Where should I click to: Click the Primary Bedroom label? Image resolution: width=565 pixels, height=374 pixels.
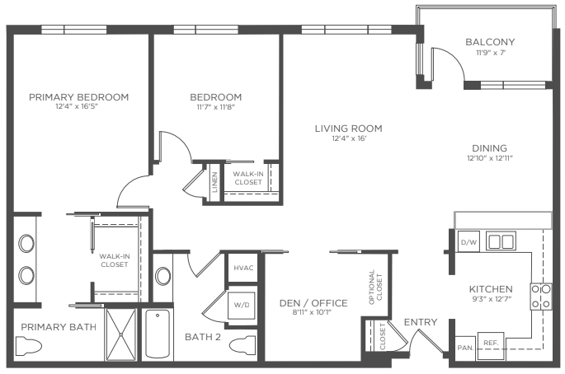click(79, 97)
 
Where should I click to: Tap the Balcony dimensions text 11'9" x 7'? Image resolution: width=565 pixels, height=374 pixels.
click(491, 53)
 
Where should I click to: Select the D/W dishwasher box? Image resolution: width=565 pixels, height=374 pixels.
click(468, 241)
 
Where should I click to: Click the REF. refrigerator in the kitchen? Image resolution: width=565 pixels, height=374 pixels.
click(491, 345)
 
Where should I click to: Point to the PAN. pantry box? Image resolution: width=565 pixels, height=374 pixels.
click(465, 348)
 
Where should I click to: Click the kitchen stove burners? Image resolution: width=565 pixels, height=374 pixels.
click(541, 297)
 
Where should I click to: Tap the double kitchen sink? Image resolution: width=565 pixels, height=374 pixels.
click(501, 241)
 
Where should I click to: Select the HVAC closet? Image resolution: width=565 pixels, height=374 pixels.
click(243, 268)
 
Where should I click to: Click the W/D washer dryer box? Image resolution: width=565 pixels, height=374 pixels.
click(242, 306)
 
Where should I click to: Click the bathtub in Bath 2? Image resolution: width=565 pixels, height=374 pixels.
click(158, 334)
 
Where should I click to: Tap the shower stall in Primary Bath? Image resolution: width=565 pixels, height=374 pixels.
click(121, 334)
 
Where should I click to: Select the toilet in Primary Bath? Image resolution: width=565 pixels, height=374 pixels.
click(29, 346)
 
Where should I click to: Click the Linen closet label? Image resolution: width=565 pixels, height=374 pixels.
click(214, 182)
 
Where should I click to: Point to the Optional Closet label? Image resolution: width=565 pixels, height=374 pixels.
click(375, 288)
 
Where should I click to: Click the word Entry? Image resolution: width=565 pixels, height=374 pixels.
click(421, 322)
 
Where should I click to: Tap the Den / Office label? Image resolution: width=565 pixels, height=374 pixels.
click(313, 303)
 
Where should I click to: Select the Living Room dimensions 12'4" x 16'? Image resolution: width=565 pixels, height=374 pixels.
click(349, 138)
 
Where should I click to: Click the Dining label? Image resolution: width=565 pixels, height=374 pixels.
click(489, 148)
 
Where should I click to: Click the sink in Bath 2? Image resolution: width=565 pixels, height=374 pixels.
click(162, 276)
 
